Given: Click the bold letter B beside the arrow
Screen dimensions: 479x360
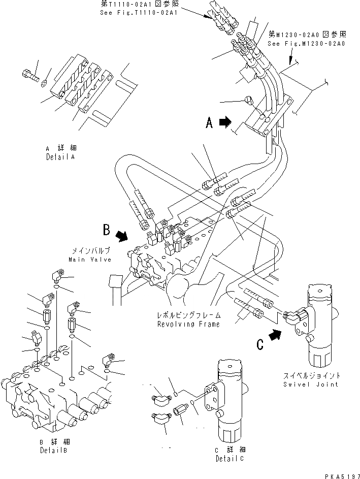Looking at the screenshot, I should click(x=106, y=231).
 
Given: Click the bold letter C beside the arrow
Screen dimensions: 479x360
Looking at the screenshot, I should click(x=259, y=344).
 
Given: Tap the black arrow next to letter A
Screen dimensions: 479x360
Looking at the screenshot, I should click(x=225, y=122).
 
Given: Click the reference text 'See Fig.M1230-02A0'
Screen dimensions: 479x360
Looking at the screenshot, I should click(x=306, y=44).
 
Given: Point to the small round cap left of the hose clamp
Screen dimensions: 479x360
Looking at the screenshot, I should click(x=249, y=100).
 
